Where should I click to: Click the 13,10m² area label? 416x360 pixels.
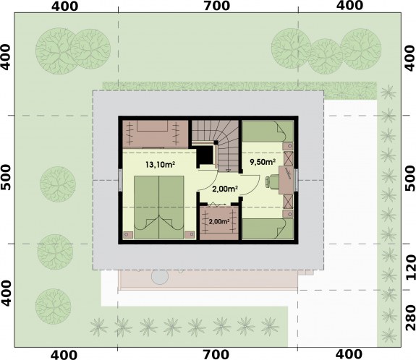[x=160, y=165]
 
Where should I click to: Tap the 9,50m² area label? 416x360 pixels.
[x=263, y=161]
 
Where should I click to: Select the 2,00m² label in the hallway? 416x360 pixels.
[x=225, y=189]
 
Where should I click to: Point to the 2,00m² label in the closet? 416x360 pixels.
[x=219, y=222]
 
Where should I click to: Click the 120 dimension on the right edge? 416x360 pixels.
[x=410, y=267]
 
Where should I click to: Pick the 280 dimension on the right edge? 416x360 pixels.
[x=410, y=317]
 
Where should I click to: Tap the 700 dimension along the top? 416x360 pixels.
[x=217, y=6]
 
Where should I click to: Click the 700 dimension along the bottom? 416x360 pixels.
[x=216, y=354]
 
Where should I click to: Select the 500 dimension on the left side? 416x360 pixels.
[x=6, y=177]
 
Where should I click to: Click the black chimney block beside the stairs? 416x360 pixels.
[x=205, y=157]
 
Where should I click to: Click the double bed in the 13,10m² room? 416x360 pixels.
[x=158, y=207]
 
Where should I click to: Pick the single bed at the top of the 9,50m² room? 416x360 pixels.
[x=268, y=132]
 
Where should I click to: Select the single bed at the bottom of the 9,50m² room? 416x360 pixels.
[x=268, y=228]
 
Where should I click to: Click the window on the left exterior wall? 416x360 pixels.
[x=120, y=180]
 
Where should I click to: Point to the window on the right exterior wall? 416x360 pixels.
[x=297, y=180]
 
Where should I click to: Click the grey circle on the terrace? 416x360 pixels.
[x=160, y=276]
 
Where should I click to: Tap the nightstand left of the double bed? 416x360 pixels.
[x=128, y=235]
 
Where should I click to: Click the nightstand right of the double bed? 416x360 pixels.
[x=190, y=235]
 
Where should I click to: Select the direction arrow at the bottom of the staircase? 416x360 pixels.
[x=228, y=169]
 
